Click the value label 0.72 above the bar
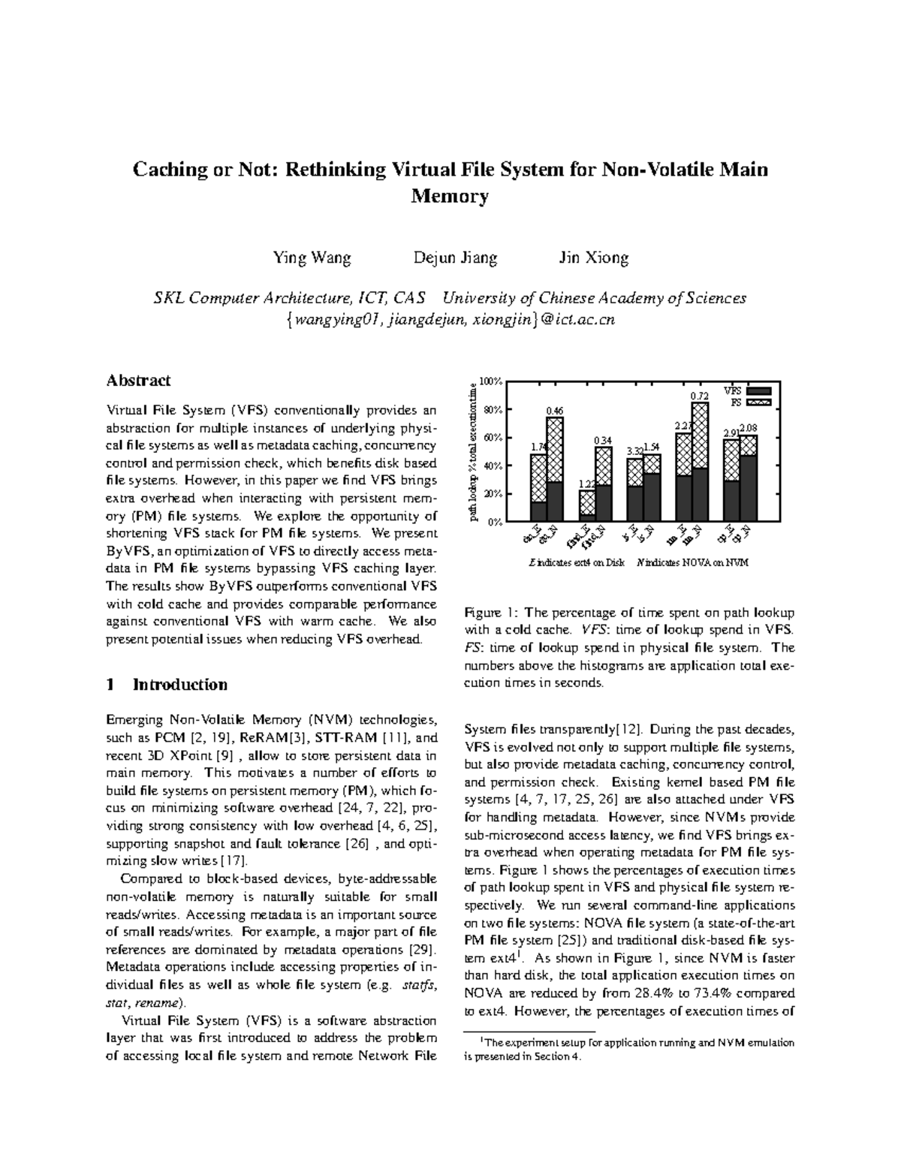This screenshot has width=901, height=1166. click(x=699, y=396)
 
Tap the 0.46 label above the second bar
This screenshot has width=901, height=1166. click(x=554, y=410)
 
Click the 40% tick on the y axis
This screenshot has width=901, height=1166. click(x=492, y=466)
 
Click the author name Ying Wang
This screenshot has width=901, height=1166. click(x=312, y=258)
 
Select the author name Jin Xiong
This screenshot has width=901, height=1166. click(x=593, y=258)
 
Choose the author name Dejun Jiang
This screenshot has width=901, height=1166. click(x=455, y=258)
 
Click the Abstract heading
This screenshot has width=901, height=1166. click(x=138, y=381)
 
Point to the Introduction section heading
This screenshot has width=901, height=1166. click(x=179, y=685)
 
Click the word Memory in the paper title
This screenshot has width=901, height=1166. click(x=450, y=197)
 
